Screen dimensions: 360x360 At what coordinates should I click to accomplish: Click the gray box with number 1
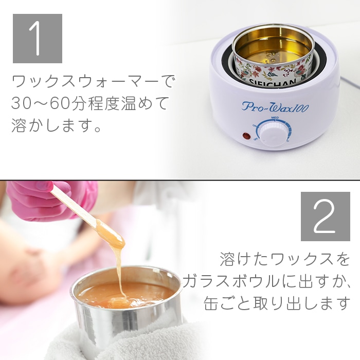pyautogui.click(x=37, y=39)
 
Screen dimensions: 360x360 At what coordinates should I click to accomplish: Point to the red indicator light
pyautogui.click(x=246, y=137)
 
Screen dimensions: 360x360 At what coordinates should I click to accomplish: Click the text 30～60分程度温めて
pyautogui.click(x=89, y=103)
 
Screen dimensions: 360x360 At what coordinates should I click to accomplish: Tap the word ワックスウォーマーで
pyautogui.click(x=93, y=81)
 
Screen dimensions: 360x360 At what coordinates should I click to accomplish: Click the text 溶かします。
pyautogui.click(x=56, y=126)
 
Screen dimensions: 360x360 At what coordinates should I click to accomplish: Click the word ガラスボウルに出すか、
pyautogui.click(x=266, y=281)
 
